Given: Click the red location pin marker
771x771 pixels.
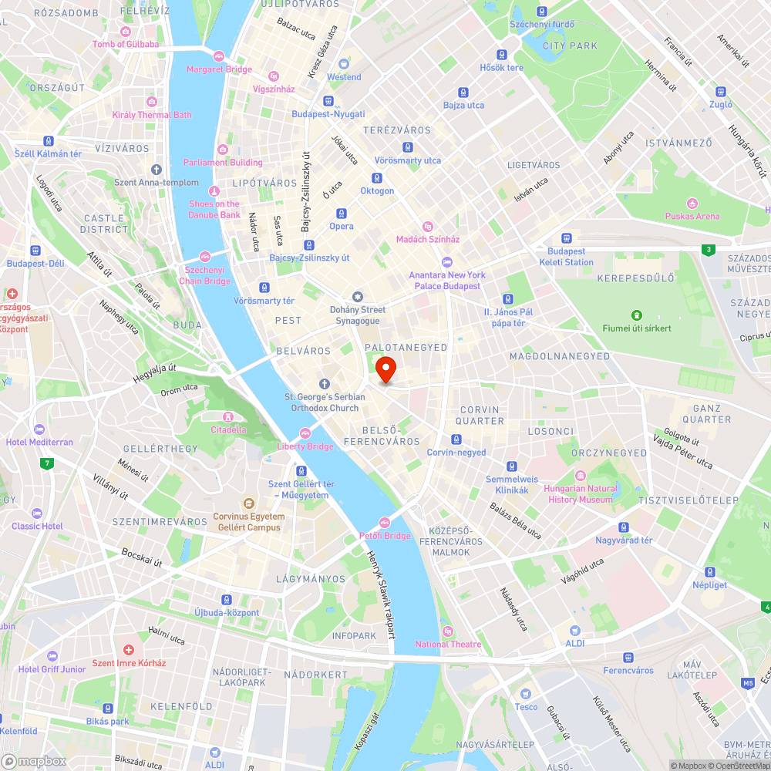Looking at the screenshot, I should click(x=385, y=369).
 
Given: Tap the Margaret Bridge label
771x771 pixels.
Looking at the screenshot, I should click(x=219, y=69).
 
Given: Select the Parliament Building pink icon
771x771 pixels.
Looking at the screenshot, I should click(x=223, y=149).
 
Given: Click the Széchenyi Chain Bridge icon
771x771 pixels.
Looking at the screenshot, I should click(x=204, y=256).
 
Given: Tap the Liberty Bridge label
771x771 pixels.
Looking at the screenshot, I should click(x=305, y=446).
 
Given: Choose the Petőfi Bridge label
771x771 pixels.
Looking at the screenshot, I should click(x=385, y=536).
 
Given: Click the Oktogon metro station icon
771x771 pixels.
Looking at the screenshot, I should click(x=377, y=177).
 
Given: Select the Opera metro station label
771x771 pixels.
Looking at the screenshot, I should click(x=342, y=226).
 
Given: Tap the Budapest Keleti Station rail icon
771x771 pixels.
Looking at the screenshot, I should click(x=567, y=238).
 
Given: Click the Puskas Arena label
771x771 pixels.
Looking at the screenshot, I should click(x=692, y=217).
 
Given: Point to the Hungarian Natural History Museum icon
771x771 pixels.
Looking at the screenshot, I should click(x=581, y=476).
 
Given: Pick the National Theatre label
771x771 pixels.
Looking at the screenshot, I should click(x=448, y=645).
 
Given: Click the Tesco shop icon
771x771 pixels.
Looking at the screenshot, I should click(x=526, y=694).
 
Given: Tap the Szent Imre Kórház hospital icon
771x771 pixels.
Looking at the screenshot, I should click(x=129, y=650).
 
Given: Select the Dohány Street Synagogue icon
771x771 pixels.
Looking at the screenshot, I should click(x=357, y=297).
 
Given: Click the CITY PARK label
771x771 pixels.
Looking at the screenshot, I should click(x=570, y=46).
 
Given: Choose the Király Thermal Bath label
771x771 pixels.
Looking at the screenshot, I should click(x=152, y=115).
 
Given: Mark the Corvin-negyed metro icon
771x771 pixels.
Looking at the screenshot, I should click(x=456, y=439).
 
